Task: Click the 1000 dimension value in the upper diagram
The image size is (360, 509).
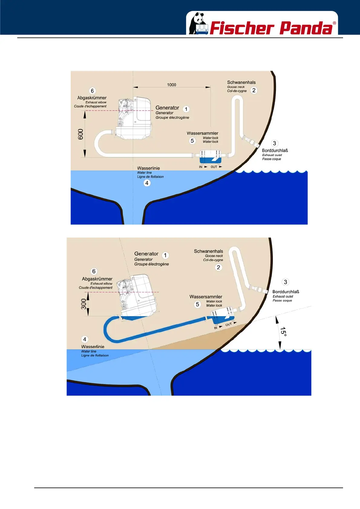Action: pyautogui.click(x=172, y=85)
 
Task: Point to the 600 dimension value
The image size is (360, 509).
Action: pyautogui.click(x=80, y=134)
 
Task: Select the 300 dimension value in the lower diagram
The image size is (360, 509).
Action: pyautogui.click(x=84, y=304)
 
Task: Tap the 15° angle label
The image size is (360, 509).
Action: pyautogui.click(x=283, y=332)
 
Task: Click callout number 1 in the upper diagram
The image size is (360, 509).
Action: pyautogui.click(x=186, y=109)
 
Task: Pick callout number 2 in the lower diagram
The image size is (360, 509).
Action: pyautogui.click(x=218, y=267)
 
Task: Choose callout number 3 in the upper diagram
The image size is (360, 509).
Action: pyautogui.click(x=274, y=143)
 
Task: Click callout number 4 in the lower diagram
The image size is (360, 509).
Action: pyautogui.click(x=85, y=339)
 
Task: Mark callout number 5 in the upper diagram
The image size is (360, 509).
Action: pyautogui.click(x=192, y=141)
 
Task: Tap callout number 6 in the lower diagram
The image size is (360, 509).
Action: pyautogui.click(x=94, y=271)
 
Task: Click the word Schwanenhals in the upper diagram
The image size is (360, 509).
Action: pyautogui.click(x=241, y=82)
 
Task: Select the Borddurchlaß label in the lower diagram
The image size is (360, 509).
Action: pyautogui.click(x=286, y=292)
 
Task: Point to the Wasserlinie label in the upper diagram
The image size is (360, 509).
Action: pyautogui.click(x=148, y=168)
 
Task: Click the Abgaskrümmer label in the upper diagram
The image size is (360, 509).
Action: pyautogui.click(x=92, y=98)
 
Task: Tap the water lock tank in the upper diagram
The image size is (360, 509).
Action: pyautogui.click(x=211, y=157)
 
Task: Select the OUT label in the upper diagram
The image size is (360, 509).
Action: pyautogui.click(x=214, y=167)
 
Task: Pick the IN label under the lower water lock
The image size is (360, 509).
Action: pyautogui.click(x=216, y=328)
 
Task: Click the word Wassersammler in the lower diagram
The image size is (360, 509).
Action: pyautogui.click(x=206, y=297)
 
